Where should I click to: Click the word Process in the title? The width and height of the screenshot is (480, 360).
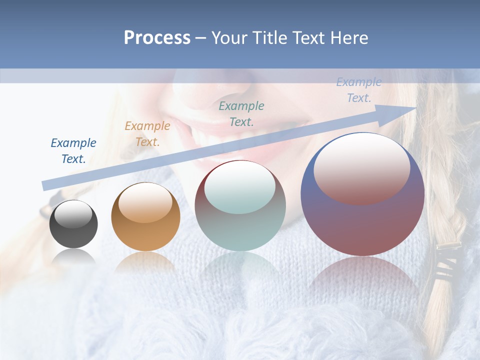pos(157,38)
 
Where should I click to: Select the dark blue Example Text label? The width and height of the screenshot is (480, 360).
pos(73,151)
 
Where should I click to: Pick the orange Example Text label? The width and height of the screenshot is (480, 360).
pos(147,134)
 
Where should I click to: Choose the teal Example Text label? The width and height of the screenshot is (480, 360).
pos(241,113)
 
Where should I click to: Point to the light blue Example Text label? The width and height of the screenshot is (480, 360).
pos(359,90)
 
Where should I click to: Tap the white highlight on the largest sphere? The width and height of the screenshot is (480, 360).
pos(361,167)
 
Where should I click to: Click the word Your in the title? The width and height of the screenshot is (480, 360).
pos(228,38)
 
